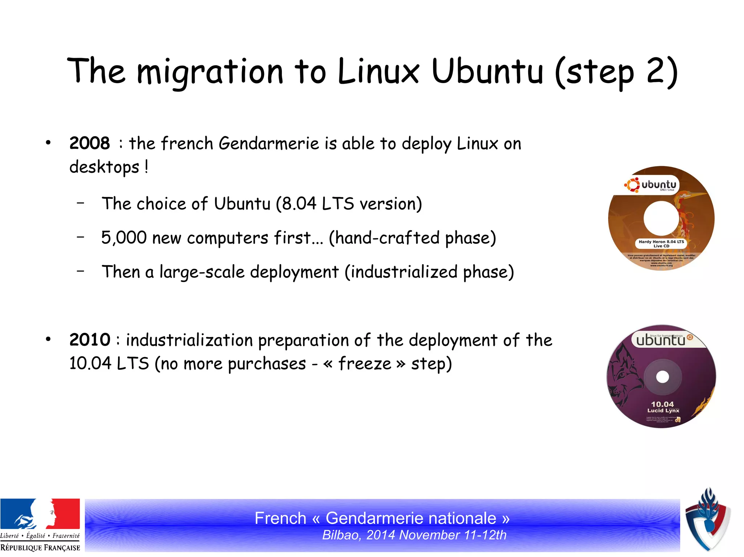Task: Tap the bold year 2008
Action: coord(89,143)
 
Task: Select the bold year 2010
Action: coord(89,340)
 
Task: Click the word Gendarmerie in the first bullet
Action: coord(269,143)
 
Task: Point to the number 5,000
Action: coord(124,238)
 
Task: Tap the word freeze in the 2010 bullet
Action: coord(364,364)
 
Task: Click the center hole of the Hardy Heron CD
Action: coord(661,218)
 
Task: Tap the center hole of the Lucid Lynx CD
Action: coord(662,377)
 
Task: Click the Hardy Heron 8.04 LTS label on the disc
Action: coord(661,243)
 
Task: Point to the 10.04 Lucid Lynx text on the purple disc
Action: coord(663,407)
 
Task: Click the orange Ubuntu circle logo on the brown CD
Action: coord(632,185)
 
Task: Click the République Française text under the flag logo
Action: coord(40,548)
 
